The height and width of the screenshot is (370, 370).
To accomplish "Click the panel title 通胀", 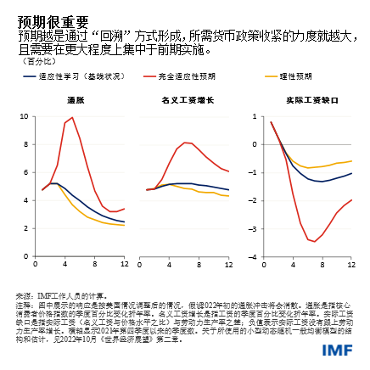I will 75,100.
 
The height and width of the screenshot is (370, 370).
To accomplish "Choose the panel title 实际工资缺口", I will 305,100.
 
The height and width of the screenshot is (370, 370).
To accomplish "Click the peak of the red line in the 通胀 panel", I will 72,117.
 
